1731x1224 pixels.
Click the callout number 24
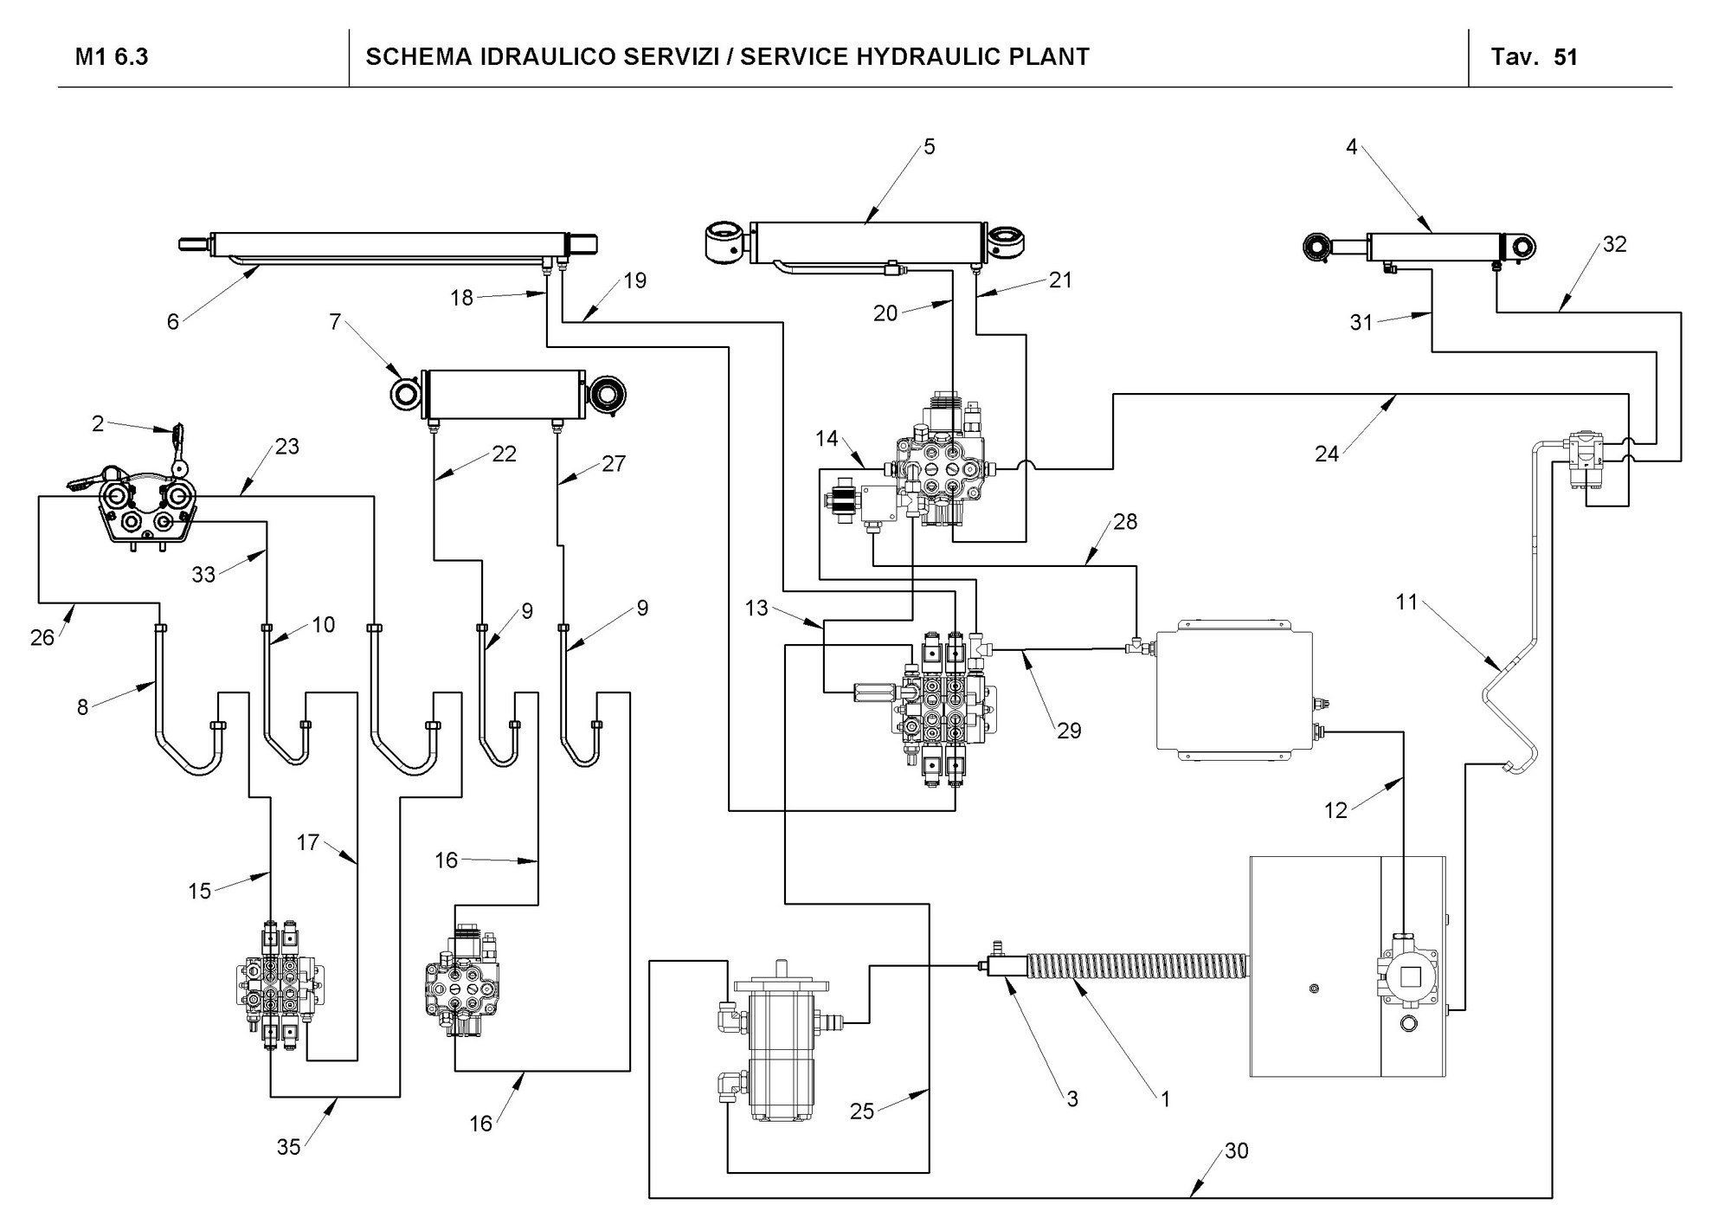click(1327, 453)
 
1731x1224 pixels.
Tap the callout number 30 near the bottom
click(1236, 1152)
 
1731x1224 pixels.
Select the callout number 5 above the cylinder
click(929, 146)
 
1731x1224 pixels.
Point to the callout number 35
click(288, 1146)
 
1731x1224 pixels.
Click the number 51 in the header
click(1566, 58)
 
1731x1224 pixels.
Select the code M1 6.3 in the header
click(112, 58)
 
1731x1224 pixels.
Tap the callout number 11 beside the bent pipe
click(1406, 602)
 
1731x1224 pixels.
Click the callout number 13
click(756, 609)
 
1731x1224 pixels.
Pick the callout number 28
click(1125, 522)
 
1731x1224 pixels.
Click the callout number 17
click(308, 841)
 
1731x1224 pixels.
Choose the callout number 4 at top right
click(1351, 146)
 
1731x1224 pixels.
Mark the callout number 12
click(1335, 810)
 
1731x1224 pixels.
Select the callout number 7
click(335, 323)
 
